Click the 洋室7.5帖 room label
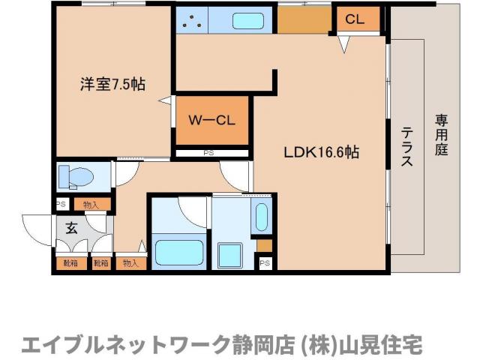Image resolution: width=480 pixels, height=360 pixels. (112, 84)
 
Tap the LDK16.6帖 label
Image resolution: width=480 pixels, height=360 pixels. (321, 151)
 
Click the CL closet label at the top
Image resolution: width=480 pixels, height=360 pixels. (355, 19)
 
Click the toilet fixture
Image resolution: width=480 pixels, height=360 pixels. (76, 177)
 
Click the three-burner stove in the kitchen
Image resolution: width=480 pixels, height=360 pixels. (193, 21)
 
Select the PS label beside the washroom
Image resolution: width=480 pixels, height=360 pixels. (264, 262)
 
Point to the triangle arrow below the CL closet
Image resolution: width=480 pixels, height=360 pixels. (344, 45)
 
